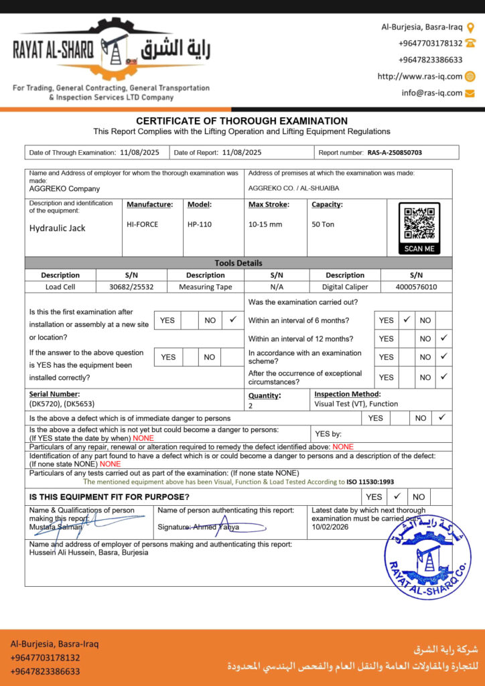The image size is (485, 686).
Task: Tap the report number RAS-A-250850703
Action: pyautogui.click(x=395, y=153)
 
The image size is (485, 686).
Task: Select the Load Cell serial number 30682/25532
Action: pyautogui.click(x=131, y=287)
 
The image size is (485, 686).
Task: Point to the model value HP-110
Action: pyautogui.click(x=200, y=224)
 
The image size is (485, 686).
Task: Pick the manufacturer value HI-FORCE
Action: pyautogui.click(x=143, y=224)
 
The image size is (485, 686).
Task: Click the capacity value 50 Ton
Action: pyautogui.click(x=323, y=224)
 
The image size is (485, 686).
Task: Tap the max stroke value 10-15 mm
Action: pyautogui.click(x=265, y=224)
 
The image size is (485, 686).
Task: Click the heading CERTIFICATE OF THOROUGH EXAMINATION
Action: pyautogui.click(x=242, y=121)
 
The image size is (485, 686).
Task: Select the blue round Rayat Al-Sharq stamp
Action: pyautogui.click(x=428, y=556)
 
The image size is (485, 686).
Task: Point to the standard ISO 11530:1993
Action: pyautogui.click(x=370, y=481)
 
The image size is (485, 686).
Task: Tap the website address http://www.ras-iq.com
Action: pyautogui.click(x=419, y=76)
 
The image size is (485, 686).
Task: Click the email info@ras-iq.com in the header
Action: pyautogui.click(x=432, y=93)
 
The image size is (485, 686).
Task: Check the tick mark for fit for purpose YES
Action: pyautogui.click(x=397, y=496)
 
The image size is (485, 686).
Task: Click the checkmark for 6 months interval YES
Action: pyautogui.click(x=406, y=320)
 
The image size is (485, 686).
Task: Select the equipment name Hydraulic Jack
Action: pyautogui.click(x=58, y=228)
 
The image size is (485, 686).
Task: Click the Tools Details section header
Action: pyautogui.click(x=238, y=263)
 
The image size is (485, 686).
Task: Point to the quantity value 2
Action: pyautogui.click(x=251, y=405)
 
